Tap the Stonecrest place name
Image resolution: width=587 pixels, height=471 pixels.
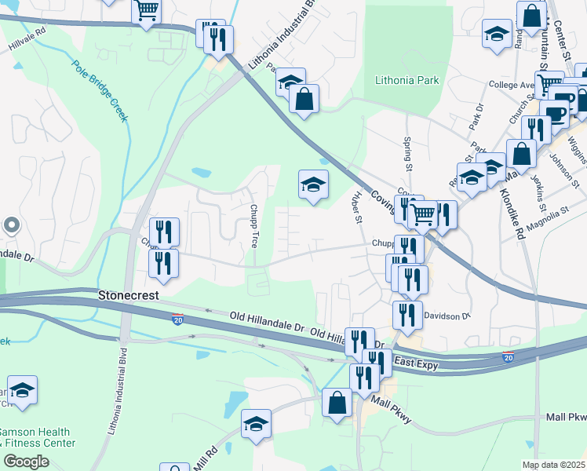click(x=129, y=296)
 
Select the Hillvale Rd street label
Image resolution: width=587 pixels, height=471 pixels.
click(x=27, y=42)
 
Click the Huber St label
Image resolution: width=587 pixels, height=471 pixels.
click(x=358, y=209)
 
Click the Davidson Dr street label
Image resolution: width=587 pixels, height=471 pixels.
click(x=446, y=316)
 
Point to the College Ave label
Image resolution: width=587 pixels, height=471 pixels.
click(x=511, y=84)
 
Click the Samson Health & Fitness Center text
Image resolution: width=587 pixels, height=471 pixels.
click(x=37, y=437)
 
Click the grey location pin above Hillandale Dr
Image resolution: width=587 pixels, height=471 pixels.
click(x=11, y=225)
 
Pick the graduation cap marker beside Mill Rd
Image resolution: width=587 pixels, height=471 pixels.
click(x=256, y=424)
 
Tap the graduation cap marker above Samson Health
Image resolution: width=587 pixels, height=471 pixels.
click(x=22, y=390)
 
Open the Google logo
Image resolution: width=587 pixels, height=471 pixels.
click(x=26, y=462)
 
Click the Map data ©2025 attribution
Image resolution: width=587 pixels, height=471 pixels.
click(x=552, y=465)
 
